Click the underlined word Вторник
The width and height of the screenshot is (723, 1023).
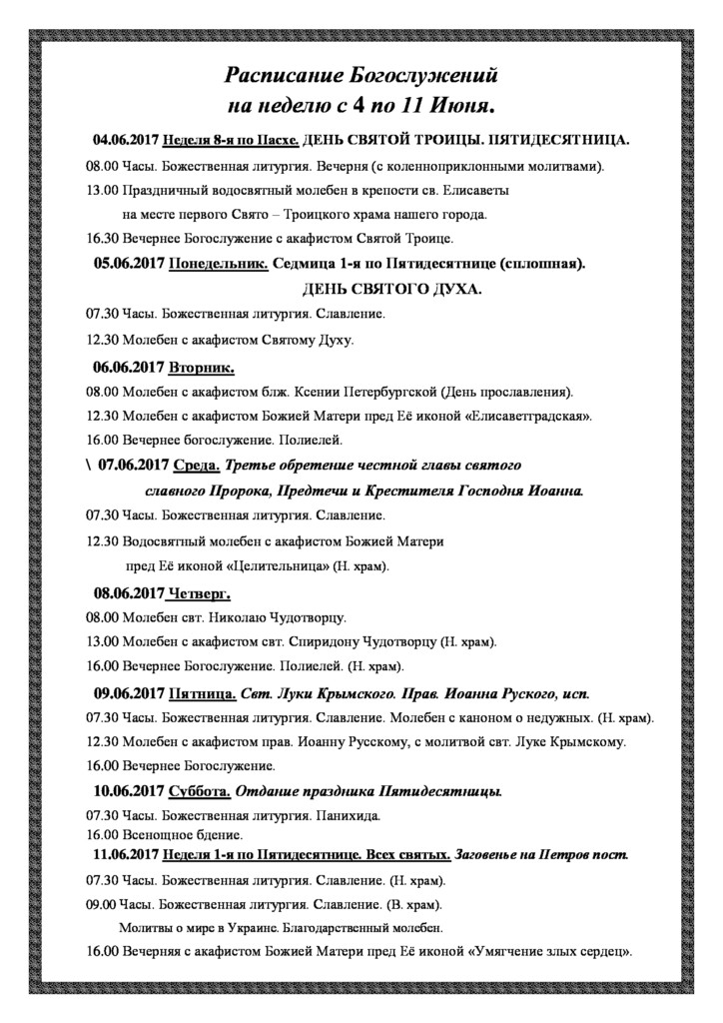202,366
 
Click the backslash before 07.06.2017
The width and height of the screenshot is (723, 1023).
89,466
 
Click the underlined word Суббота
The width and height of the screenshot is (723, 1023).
200,792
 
